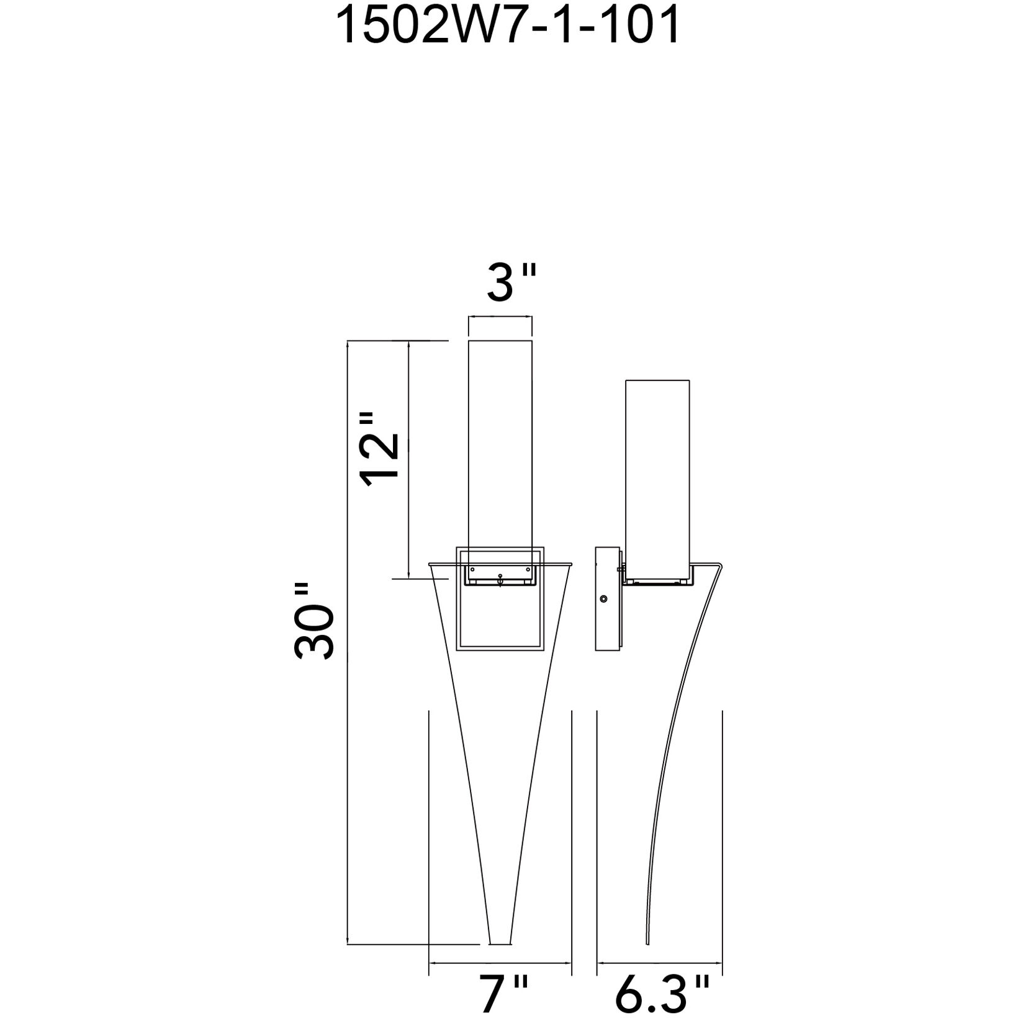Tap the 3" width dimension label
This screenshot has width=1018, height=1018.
pos(510,282)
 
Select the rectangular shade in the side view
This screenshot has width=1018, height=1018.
pos(658,480)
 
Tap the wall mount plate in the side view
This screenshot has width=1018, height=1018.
pos(608,598)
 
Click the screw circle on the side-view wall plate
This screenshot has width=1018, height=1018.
pos(603,599)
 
